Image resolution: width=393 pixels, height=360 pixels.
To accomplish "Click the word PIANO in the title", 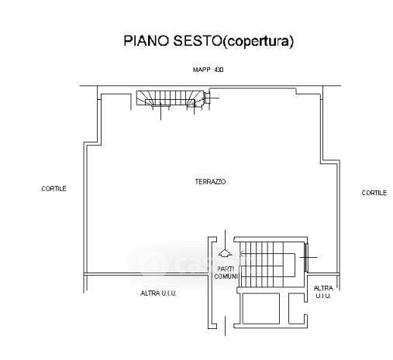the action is pos(146,41).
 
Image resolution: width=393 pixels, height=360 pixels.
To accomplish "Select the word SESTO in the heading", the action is pos(197,41).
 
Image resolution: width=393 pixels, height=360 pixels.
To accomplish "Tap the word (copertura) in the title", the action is pos(258,41).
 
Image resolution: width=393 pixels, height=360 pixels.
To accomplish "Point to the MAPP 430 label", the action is pos(208,70).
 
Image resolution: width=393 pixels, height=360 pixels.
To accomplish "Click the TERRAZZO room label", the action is pos(210,182).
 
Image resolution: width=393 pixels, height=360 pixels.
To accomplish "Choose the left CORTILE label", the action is pos(53,189).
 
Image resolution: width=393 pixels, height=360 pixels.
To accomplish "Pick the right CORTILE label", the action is pos(374,193).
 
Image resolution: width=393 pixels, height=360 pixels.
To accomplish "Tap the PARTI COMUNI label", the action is pos(226,273).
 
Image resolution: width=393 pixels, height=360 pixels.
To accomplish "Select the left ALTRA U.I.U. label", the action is pos(158,293).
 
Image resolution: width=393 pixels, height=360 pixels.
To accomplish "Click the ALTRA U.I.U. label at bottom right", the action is pos(323,292).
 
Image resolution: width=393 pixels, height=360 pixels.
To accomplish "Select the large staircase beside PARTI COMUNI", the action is pos(267,264).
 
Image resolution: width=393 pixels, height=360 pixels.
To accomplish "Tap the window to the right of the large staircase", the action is pos(306,257).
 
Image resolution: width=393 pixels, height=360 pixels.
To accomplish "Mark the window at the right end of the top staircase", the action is pos(206,98).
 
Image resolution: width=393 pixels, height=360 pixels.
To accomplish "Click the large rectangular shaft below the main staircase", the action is pos(261,308).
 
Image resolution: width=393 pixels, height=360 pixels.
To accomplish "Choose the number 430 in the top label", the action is pos(219,70).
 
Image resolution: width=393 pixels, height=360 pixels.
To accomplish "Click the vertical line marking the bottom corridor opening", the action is pos(226,326).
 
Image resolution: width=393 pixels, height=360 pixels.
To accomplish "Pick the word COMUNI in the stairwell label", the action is pos(226,276).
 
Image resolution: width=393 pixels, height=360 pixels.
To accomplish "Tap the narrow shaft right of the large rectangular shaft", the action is pos(296,308).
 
